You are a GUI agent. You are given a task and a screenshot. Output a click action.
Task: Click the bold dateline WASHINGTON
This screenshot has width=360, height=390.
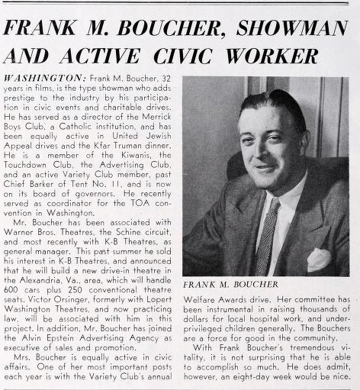[44, 79]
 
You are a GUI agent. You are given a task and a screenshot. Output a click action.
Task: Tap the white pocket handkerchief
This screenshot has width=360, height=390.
[318, 260]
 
